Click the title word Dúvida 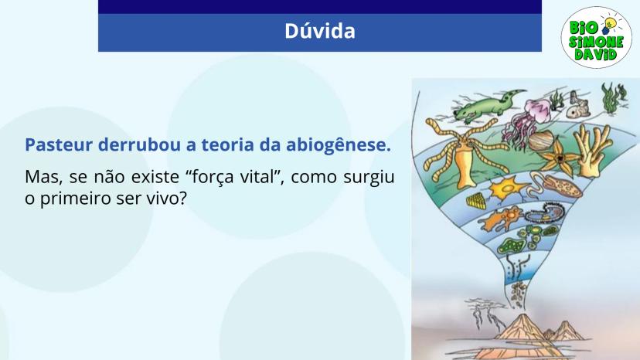[319, 31]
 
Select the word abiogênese [339, 146]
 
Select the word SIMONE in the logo [596, 42]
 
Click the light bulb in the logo [608, 25]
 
